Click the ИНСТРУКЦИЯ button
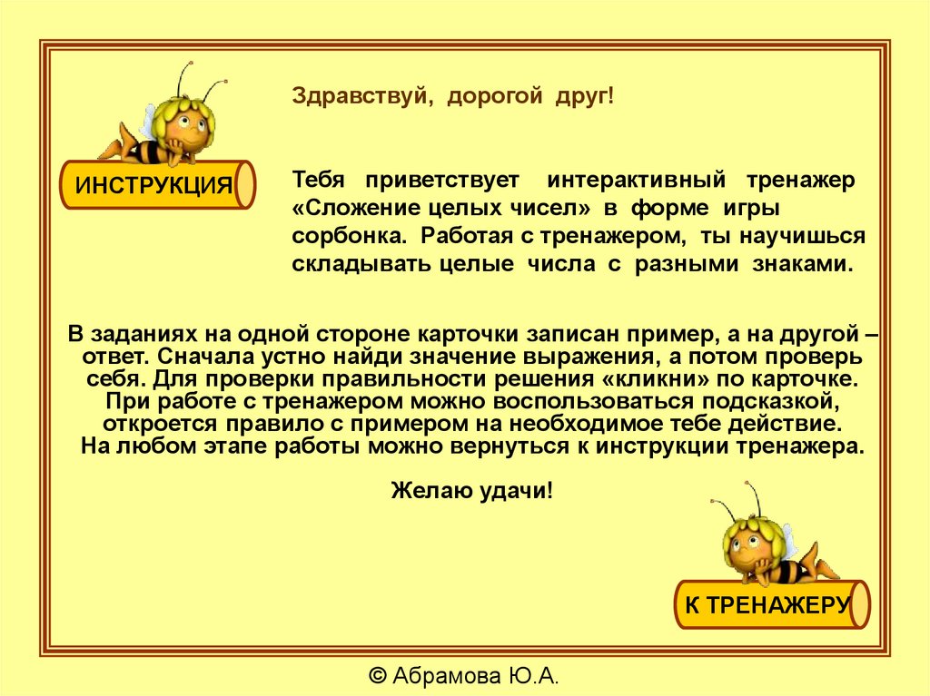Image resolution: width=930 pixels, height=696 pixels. coord(155,186)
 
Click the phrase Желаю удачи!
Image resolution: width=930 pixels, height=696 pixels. coord(471,491)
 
